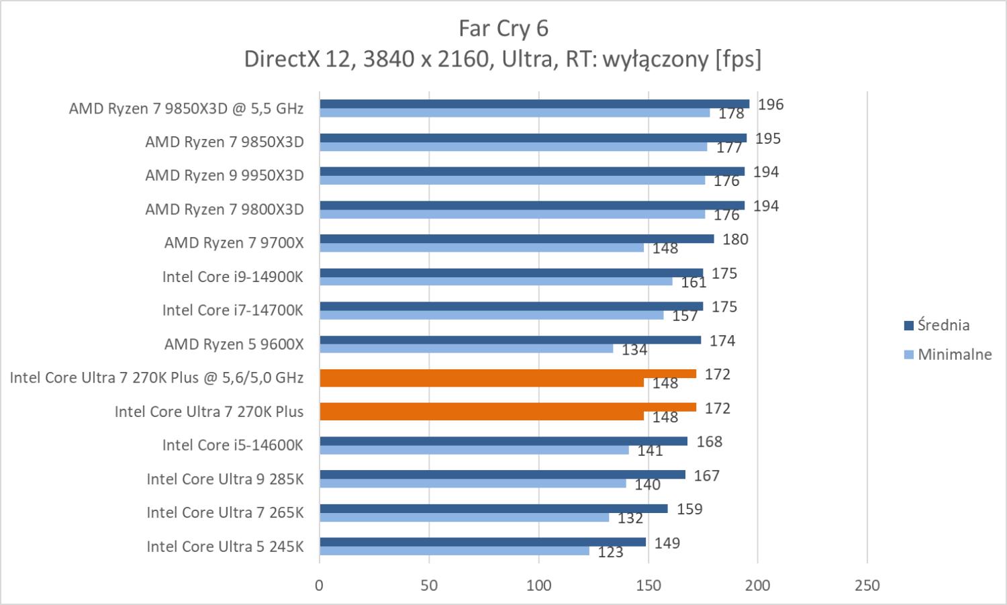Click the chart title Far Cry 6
[503, 28]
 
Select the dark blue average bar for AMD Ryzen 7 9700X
[517, 239]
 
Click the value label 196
[771, 104]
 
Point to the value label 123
[610, 552]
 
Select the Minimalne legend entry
[947, 354]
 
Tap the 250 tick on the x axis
[867, 586]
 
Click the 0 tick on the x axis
[320, 586]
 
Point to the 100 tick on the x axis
[538, 586]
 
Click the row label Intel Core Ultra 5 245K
[225, 547]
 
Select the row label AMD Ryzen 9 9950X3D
[224, 175]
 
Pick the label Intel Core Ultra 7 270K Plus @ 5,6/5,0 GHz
[156, 377]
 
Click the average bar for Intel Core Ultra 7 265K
[493, 508]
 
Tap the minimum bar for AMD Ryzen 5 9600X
[466, 348]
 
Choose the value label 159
[689, 509]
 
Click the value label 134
[634, 349]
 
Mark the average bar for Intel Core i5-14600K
[503, 441]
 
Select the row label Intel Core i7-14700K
[232, 310]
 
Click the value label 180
[735, 239]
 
